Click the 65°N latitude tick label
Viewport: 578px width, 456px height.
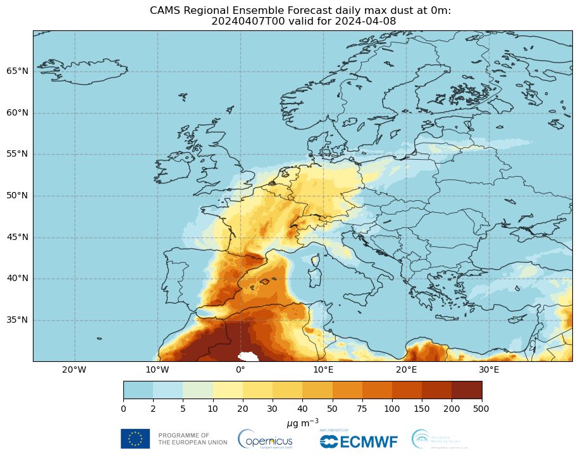click(x=17, y=71)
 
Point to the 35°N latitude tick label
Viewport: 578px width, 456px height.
click(x=17, y=320)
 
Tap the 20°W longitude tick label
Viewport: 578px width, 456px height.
click(x=75, y=369)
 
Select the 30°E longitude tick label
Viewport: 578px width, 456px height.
click(x=489, y=369)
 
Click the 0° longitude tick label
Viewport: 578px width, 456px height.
click(x=240, y=369)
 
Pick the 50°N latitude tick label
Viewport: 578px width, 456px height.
click(x=17, y=196)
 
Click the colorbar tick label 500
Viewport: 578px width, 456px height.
click(x=481, y=409)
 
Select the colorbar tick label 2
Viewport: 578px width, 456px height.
click(x=153, y=409)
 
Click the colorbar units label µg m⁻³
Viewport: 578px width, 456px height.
click(x=302, y=421)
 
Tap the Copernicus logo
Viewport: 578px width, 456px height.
click(x=266, y=439)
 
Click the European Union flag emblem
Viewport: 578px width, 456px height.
click(x=135, y=438)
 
